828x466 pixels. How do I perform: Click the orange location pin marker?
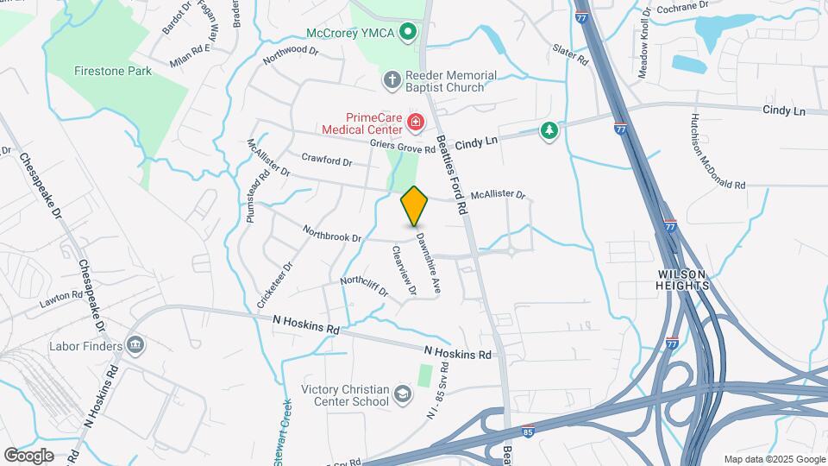click(414, 205)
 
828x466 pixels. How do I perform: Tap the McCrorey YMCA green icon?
click(411, 33)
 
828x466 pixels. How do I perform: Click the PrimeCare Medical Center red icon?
click(416, 123)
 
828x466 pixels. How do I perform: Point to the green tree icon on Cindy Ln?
click(547, 130)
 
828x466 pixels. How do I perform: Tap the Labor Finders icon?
click(135, 346)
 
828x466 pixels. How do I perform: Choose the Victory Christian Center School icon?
click(402, 394)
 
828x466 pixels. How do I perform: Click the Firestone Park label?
click(113, 71)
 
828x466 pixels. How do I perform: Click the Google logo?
click(28, 455)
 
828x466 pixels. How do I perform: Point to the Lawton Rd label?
click(60, 300)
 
